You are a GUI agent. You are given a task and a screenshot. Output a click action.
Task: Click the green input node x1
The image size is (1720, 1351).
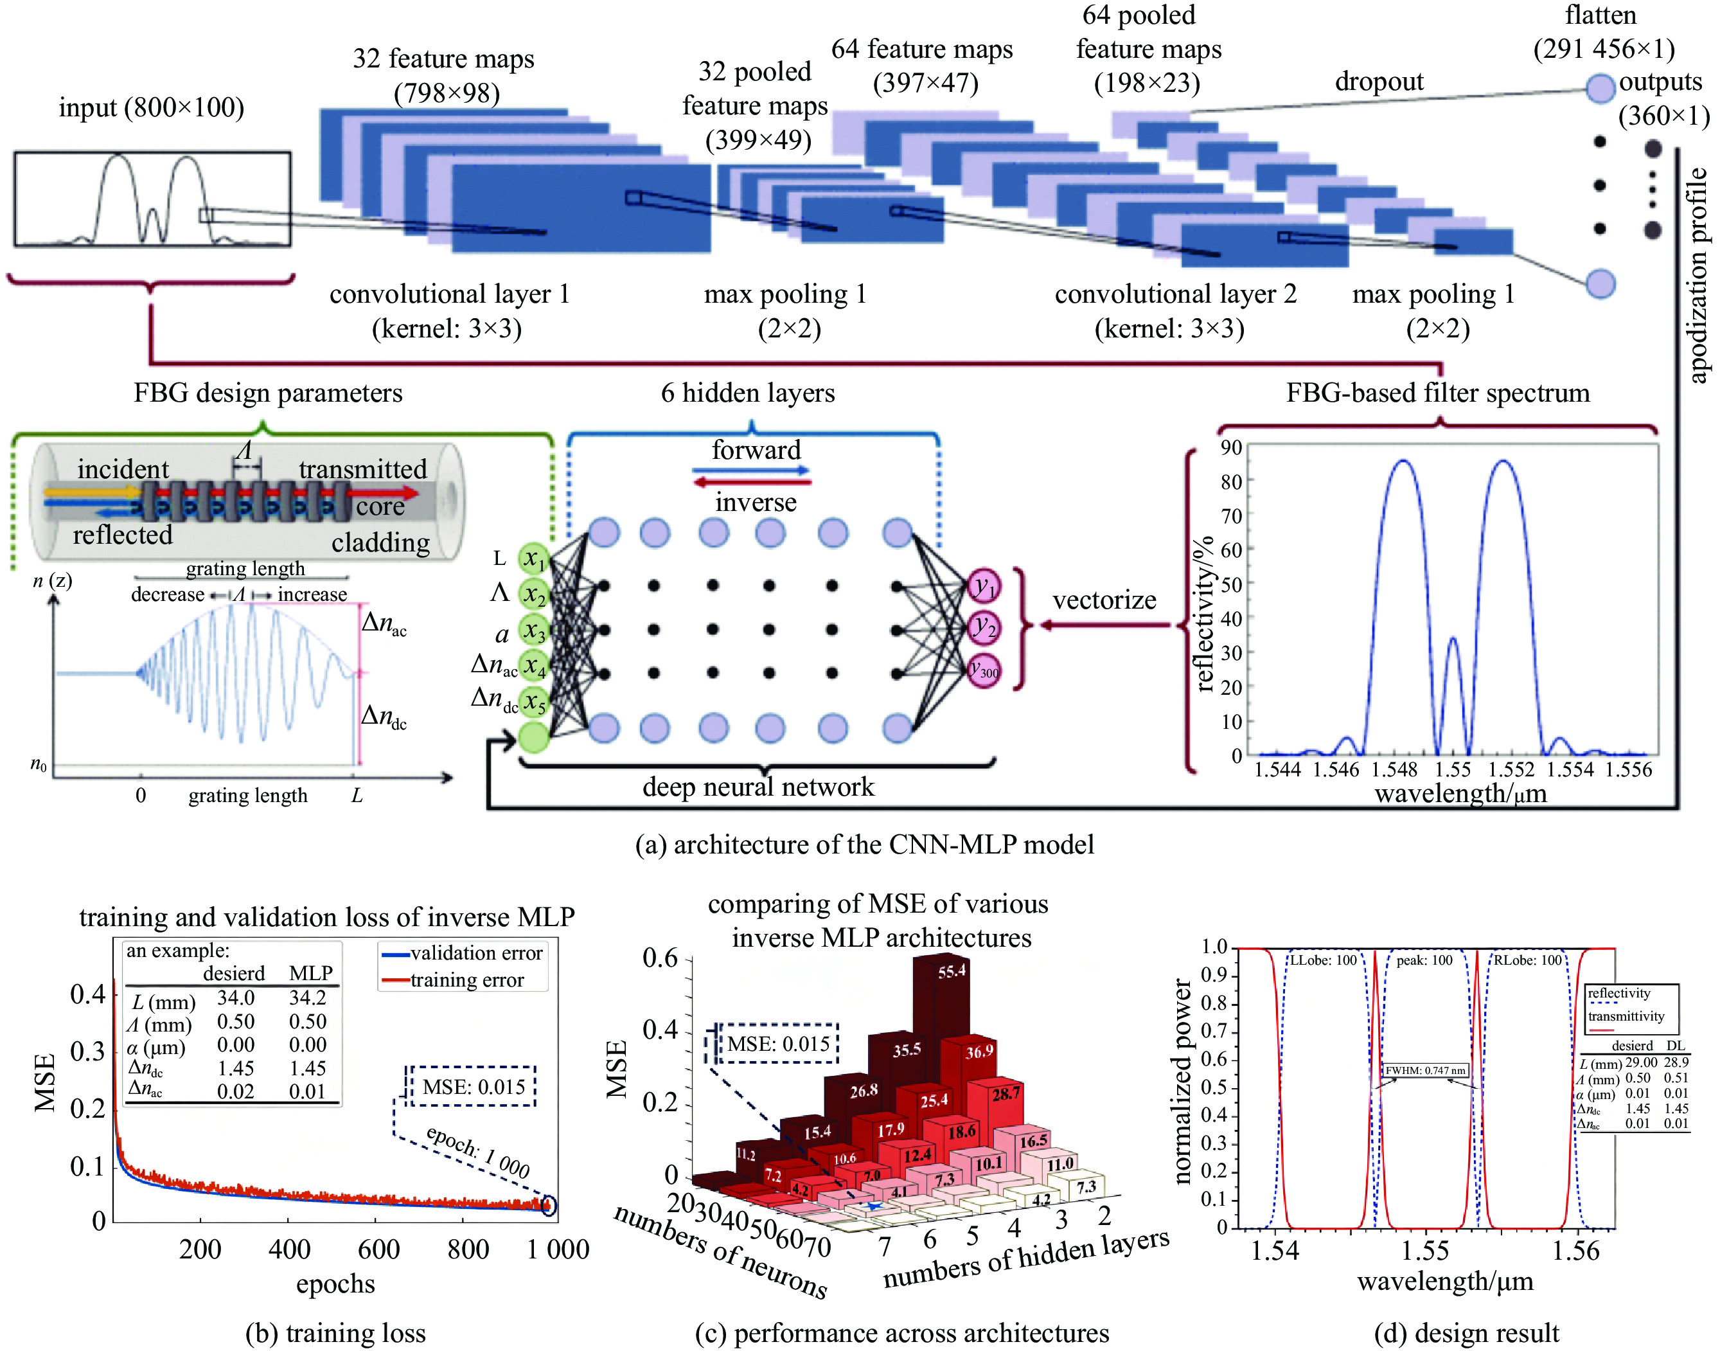(535, 559)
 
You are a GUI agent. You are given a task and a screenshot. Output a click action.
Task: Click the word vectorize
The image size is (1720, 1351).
(1104, 600)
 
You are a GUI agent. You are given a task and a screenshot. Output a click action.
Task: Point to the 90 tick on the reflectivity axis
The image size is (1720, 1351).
(1230, 448)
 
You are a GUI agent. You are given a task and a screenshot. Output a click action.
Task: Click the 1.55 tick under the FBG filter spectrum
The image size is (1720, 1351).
(1453, 769)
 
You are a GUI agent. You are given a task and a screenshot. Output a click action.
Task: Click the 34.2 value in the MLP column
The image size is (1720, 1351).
(308, 998)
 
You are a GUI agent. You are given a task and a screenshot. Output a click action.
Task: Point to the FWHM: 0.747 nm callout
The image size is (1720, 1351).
(1425, 1070)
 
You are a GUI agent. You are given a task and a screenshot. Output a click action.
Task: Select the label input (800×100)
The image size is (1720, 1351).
(151, 107)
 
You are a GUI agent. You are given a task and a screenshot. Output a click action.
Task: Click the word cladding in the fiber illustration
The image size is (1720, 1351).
(380, 542)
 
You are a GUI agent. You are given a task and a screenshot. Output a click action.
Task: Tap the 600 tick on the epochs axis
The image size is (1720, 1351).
(379, 1249)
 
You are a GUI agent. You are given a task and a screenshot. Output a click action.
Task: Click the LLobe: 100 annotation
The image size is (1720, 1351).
(1323, 960)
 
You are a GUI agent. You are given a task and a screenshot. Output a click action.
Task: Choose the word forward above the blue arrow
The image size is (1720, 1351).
(756, 450)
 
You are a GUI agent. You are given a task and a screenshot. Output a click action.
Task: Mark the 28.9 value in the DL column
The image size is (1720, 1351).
(1676, 1062)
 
